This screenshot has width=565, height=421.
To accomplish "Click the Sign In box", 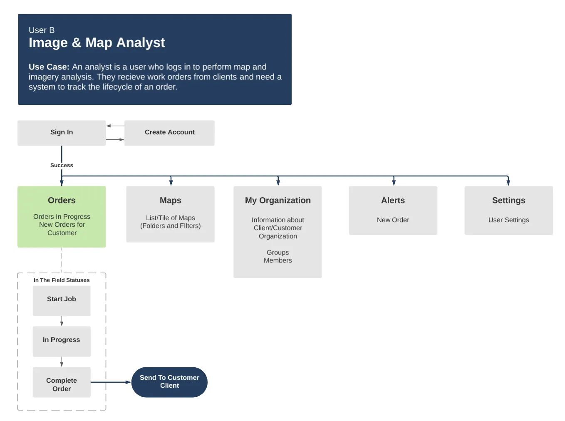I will coord(62,132).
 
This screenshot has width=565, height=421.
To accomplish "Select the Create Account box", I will coord(169,132).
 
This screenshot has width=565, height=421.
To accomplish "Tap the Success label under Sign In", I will coord(62,165).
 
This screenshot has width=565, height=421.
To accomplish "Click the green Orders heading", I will coord(62,200).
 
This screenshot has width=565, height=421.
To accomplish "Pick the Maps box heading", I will coord(170,200).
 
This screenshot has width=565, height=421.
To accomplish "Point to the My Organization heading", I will coord(278,200).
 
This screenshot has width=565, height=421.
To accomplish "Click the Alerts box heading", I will coord(393,200).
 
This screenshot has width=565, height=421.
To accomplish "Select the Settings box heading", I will coord(508,200).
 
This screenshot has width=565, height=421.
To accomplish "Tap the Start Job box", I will coord(62,299).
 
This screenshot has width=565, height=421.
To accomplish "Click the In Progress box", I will coord(62,340).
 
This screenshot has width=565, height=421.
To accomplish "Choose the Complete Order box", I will coord(62,384).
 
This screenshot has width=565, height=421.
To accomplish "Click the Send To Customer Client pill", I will coord(169,381).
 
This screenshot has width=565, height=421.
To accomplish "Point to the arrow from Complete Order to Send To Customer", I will coord(111,382).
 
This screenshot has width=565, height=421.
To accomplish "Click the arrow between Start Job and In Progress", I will coord(62,321).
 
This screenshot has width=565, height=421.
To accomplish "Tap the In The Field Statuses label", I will coord(62,280).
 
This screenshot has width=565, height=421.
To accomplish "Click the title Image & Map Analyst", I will coord(97,42).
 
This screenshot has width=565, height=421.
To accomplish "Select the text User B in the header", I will coord(42,30).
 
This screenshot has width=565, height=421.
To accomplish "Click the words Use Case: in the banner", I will coord(49,67).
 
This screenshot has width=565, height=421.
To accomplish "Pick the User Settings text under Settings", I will coord(508,220).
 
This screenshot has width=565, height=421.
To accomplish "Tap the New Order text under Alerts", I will coord(393,220).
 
